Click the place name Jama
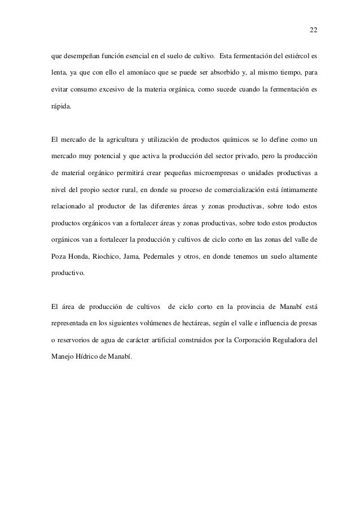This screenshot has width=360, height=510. (x=138, y=240)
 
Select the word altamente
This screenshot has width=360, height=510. (x=301, y=240)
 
